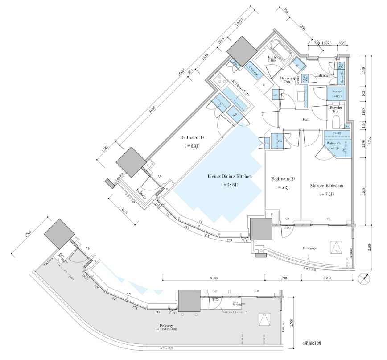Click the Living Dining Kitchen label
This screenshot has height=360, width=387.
coord(229,177)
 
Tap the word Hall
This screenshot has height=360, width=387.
coord(306,120)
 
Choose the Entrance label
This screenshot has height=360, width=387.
coord(322,75)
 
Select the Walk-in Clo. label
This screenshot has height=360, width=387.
coord(334,143)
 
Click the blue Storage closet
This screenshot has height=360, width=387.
coord(337,93)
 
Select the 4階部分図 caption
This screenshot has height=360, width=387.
coord(310,344)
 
